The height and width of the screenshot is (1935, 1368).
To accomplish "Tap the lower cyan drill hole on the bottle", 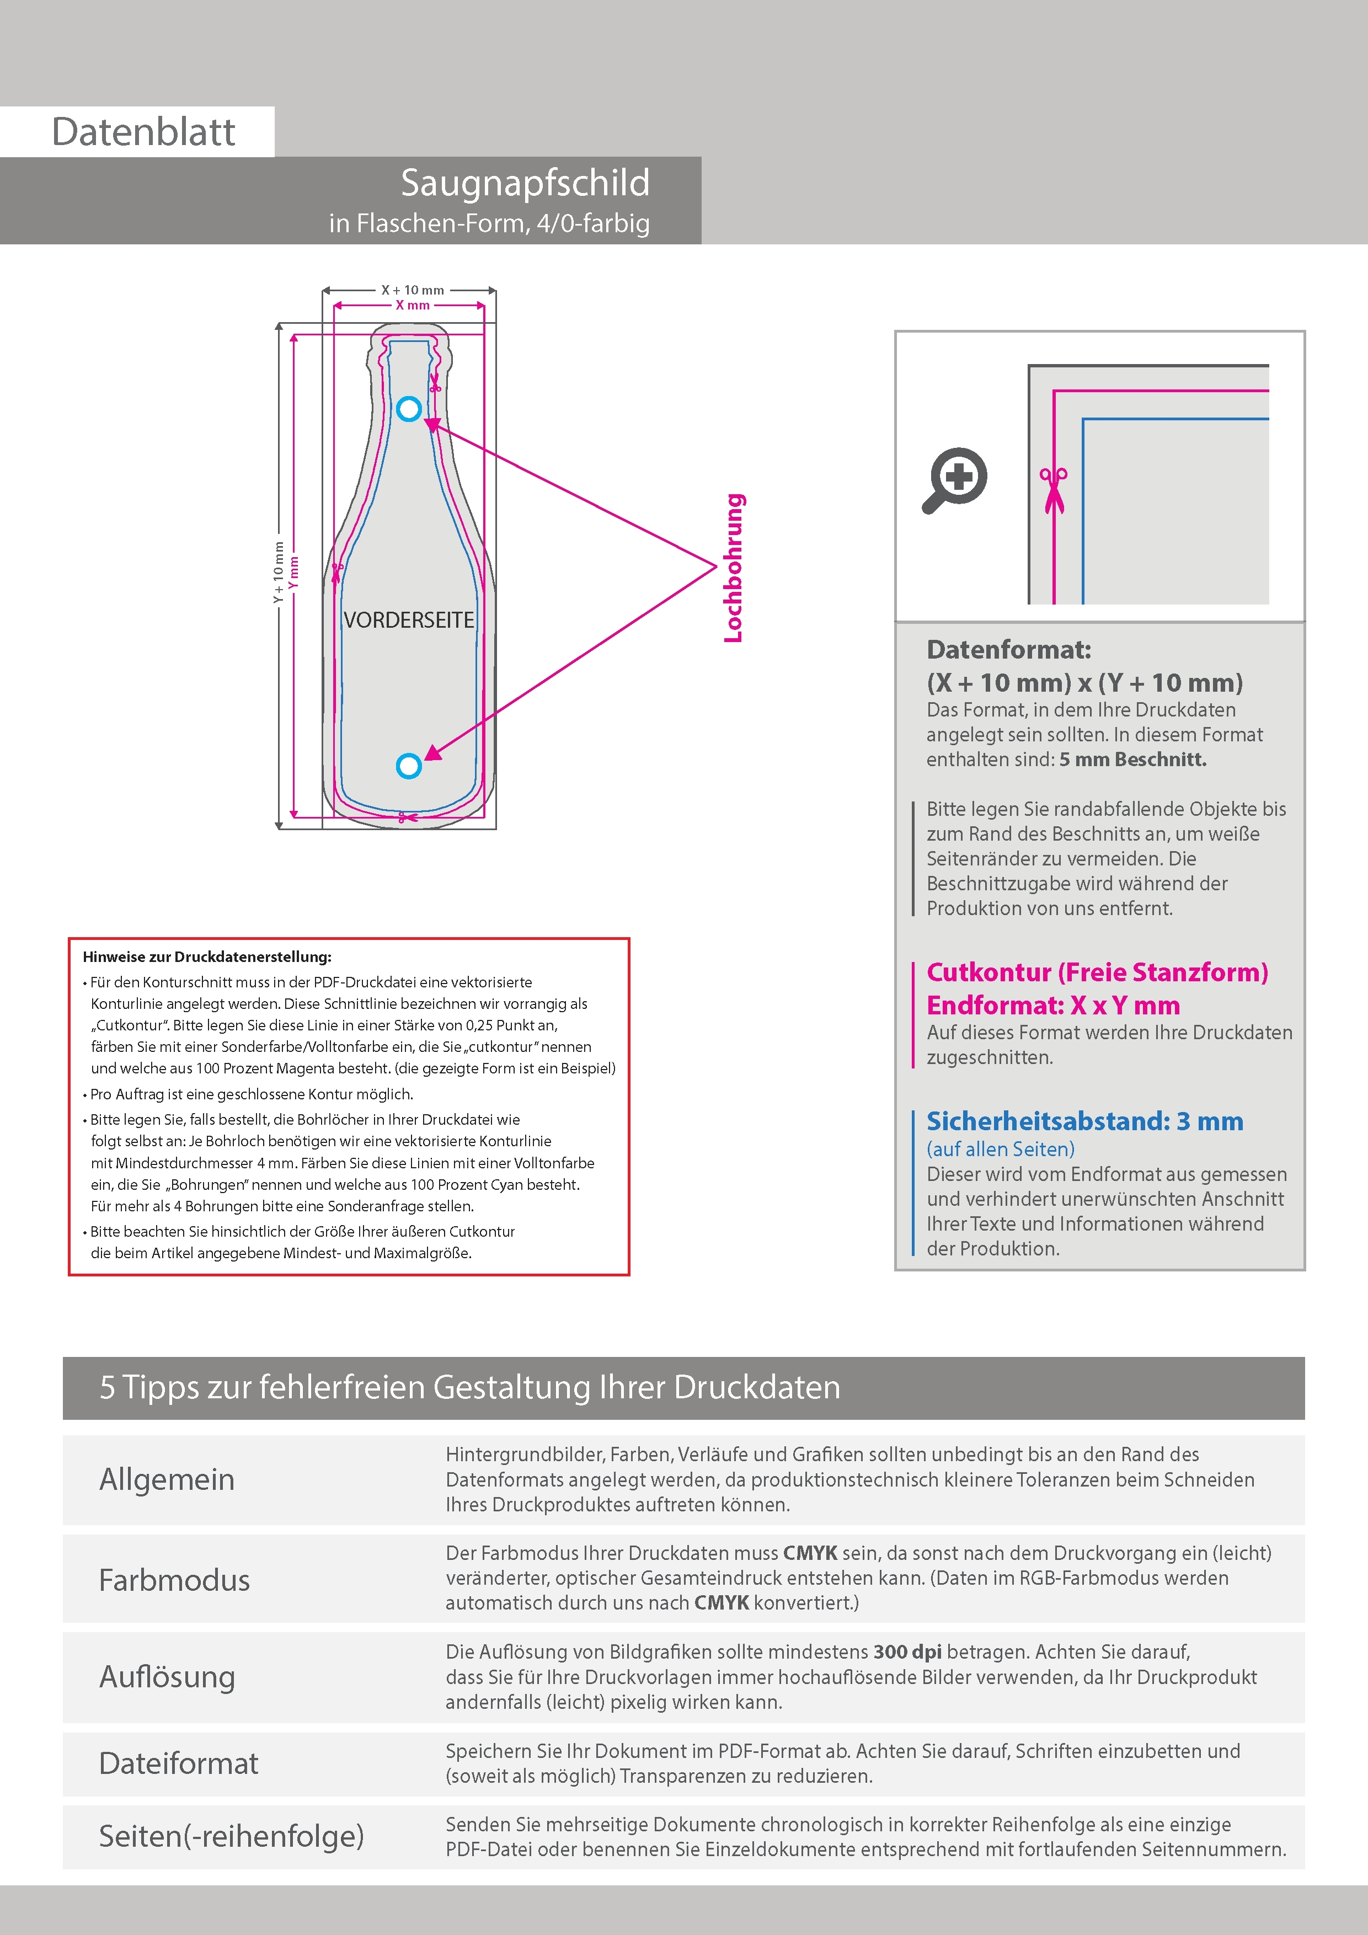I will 409,766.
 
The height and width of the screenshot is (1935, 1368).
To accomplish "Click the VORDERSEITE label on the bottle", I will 409,621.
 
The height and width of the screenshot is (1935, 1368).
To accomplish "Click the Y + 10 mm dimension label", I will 278,572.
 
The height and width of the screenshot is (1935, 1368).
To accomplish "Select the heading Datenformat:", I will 1008,650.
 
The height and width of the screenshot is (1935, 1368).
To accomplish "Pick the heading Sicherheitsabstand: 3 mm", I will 1084,1122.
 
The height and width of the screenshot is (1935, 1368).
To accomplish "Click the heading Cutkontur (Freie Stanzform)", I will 1097,972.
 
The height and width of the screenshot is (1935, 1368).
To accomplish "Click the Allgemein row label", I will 167,1479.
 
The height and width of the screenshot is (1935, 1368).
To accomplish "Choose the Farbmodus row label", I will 174,1579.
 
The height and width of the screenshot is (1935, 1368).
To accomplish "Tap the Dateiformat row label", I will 179,1763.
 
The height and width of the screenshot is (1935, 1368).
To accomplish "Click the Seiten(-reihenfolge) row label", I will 231,1836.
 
